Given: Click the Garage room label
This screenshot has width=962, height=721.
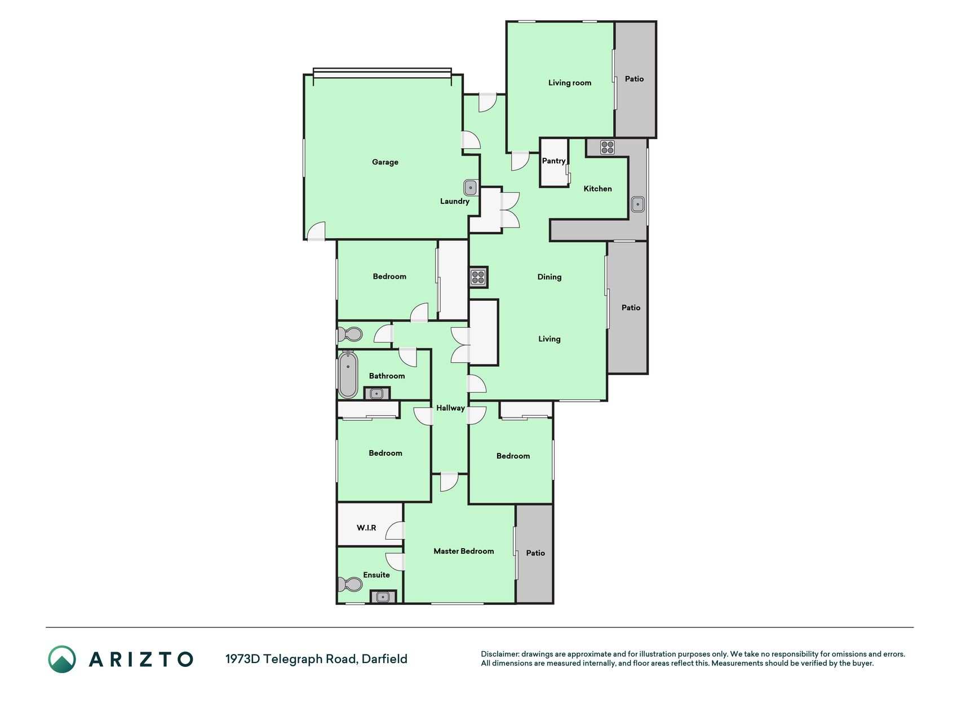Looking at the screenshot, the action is (x=385, y=162).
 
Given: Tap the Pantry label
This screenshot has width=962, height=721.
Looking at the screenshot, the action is (x=553, y=161).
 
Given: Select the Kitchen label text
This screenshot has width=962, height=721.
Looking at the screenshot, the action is (x=597, y=189).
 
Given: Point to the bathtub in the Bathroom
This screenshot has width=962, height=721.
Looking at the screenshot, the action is (x=348, y=375).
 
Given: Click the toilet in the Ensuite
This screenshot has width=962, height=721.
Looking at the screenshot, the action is (x=350, y=584).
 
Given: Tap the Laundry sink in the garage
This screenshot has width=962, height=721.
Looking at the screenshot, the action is (x=471, y=188).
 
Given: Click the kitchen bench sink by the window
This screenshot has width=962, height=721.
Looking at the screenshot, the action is (x=637, y=204).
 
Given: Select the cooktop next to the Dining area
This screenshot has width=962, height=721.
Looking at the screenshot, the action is (x=478, y=277).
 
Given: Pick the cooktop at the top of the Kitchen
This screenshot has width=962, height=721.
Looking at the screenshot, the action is (x=607, y=147).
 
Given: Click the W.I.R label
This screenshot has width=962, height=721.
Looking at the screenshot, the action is (x=366, y=528).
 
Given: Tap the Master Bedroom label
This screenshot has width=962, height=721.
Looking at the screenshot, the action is (x=463, y=551).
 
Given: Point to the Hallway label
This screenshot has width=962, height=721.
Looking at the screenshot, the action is (x=450, y=408).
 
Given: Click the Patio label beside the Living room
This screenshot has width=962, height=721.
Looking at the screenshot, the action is (x=634, y=79).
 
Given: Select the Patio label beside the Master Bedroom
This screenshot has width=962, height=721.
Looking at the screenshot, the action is (x=535, y=553).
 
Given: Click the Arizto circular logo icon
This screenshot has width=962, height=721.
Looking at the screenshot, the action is (x=62, y=659).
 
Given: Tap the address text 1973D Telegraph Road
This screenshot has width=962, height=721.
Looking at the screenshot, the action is (x=291, y=659).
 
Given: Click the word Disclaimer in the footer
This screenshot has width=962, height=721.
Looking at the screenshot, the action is (x=500, y=654).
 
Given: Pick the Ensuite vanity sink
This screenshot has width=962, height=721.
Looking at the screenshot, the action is (x=383, y=597).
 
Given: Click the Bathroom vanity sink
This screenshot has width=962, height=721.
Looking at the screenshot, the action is (x=376, y=394).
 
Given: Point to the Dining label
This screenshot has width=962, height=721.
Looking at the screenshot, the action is (x=549, y=277).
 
